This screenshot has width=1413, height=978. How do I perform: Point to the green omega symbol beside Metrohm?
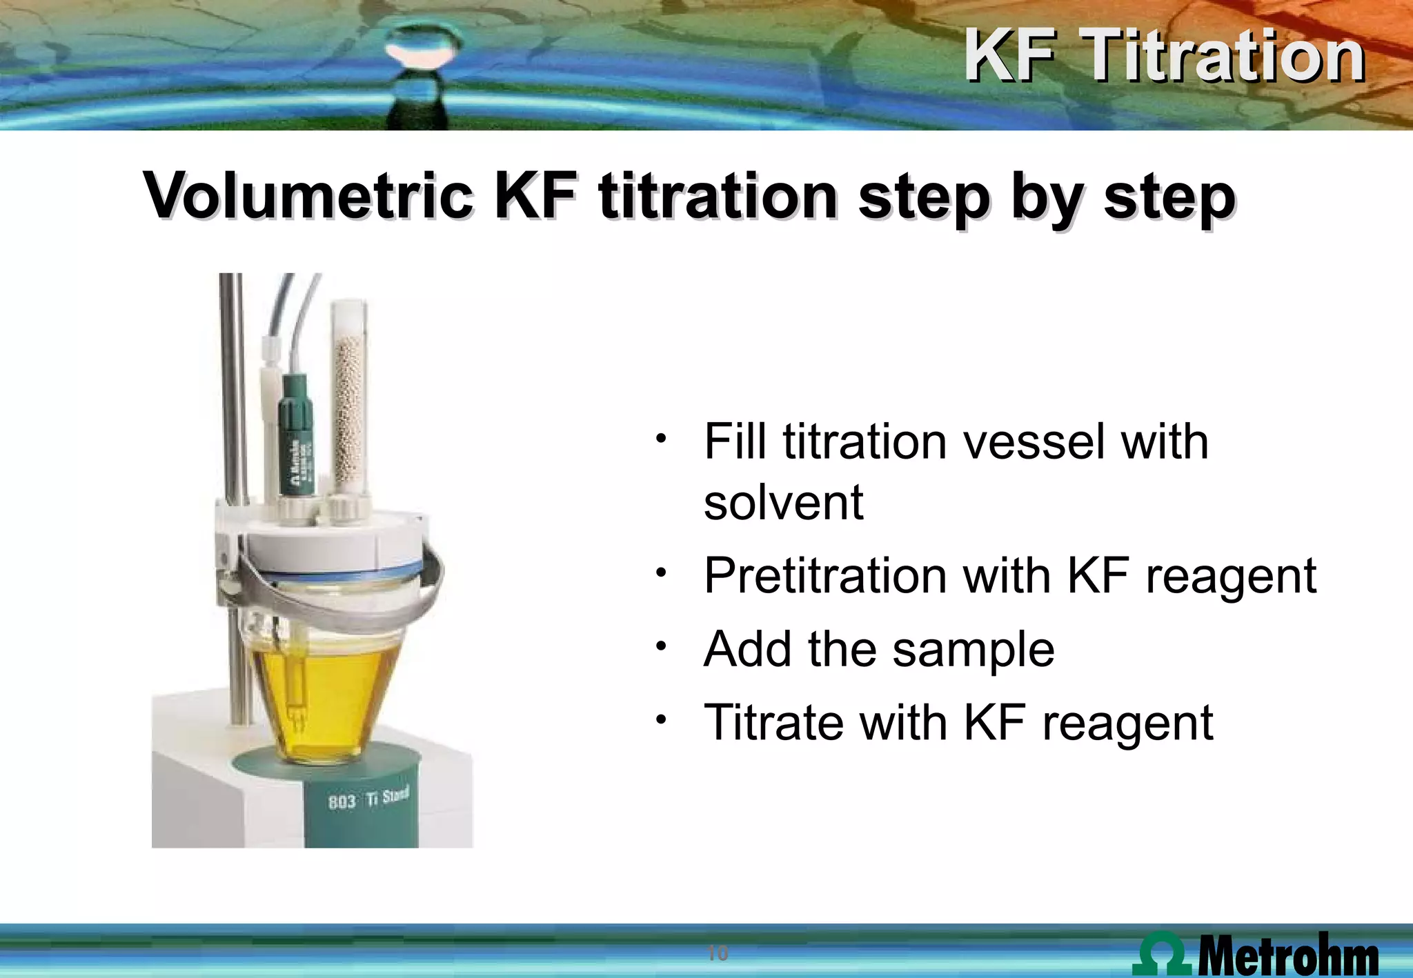point(1163,954)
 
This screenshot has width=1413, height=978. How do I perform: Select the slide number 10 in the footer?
point(718,953)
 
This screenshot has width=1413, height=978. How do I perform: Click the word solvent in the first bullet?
point(783,502)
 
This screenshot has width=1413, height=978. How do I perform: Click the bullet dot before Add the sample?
point(661,647)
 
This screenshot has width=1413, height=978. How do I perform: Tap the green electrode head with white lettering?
point(297,441)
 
